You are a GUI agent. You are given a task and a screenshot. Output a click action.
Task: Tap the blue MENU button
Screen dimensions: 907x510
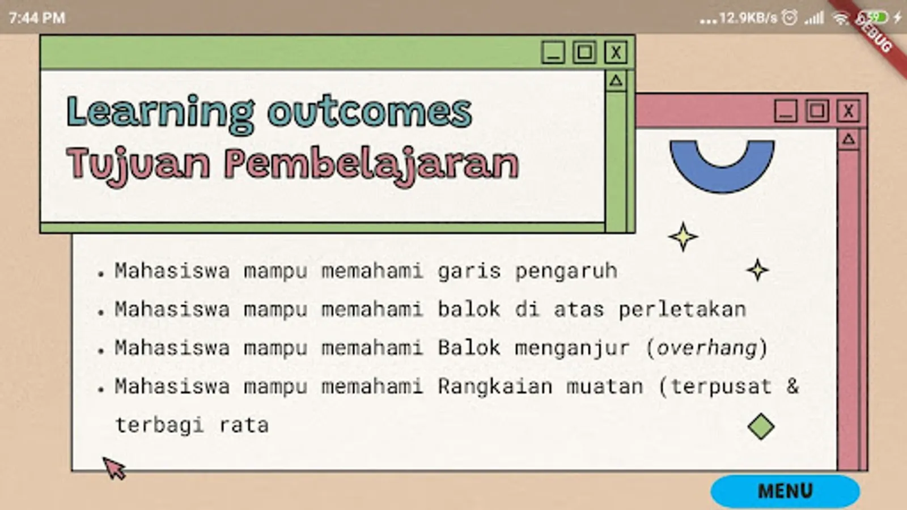pyautogui.click(x=785, y=491)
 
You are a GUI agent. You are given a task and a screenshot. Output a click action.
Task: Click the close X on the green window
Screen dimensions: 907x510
pyautogui.click(x=616, y=52)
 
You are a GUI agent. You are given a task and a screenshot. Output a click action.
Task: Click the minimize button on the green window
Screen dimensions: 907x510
pyautogui.click(x=553, y=52)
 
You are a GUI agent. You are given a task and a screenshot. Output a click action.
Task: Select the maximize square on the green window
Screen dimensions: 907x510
pyautogui.click(x=584, y=52)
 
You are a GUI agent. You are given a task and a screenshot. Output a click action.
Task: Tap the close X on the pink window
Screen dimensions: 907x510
pyautogui.click(x=848, y=111)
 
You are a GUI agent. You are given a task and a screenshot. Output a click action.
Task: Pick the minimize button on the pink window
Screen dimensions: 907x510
pyautogui.click(x=786, y=111)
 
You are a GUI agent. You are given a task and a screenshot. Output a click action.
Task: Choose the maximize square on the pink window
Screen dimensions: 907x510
pyautogui.click(x=817, y=111)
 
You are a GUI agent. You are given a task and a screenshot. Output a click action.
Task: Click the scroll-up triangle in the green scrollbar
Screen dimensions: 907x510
pyautogui.click(x=616, y=80)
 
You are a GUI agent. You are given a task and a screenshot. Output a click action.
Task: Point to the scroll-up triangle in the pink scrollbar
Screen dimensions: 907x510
pyautogui.click(x=848, y=139)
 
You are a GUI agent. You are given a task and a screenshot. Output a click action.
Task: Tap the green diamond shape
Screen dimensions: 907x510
pyautogui.click(x=761, y=427)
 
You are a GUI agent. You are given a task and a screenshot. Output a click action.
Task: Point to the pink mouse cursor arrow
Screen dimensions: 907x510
pyautogui.click(x=114, y=469)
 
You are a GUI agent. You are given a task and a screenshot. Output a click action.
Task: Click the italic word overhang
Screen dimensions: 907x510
pyautogui.click(x=706, y=348)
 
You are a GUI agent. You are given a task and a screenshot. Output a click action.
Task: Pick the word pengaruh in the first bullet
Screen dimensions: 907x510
pyautogui.click(x=566, y=271)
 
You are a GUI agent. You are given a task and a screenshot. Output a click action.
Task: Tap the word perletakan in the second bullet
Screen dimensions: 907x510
pyautogui.click(x=683, y=309)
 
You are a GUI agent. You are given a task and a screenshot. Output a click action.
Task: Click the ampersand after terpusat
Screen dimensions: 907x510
pyautogui.click(x=792, y=386)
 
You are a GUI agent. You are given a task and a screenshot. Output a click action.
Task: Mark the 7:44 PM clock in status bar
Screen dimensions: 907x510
pyautogui.click(x=37, y=18)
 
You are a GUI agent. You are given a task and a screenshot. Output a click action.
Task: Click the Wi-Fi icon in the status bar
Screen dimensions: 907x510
pyautogui.click(x=841, y=18)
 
